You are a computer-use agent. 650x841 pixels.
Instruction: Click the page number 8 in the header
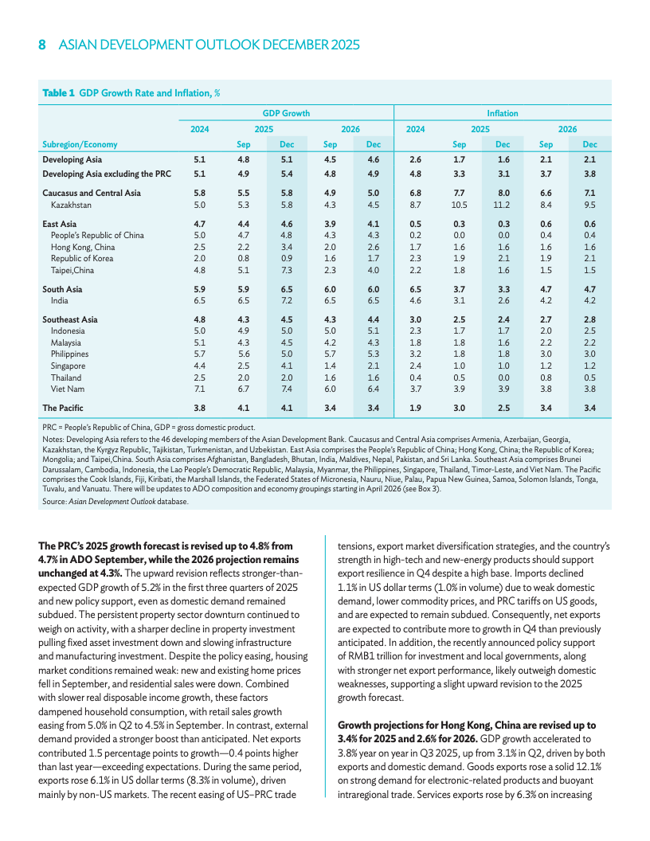pos(42,45)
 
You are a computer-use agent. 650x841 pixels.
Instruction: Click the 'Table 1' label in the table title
pos(58,93)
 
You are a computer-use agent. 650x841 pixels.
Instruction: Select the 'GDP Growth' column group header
pos(286,113)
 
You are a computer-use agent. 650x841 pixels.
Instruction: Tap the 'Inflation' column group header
pos(502,113)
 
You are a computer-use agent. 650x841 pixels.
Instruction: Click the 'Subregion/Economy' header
pos(80,144)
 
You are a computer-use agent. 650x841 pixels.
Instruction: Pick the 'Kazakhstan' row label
pos(71,205)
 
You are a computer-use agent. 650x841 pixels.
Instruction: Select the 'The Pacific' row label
pos(63,408)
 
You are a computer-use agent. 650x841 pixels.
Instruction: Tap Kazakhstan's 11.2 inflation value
pos(503,205)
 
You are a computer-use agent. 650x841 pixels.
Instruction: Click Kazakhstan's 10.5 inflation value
pos(459,205)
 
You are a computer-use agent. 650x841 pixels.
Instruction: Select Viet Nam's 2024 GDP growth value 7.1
pos(200,389)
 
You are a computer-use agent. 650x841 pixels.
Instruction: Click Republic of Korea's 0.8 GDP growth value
pos(244,258)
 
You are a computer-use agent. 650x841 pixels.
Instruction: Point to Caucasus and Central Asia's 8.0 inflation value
pos(503,193)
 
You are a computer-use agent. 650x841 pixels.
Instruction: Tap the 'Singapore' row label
pos(69,366)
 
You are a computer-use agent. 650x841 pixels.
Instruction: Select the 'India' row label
pos(59,300)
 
